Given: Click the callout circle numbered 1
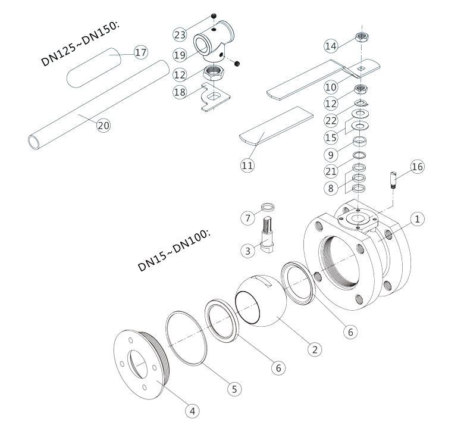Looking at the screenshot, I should click(418, 219).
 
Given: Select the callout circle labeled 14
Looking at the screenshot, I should click(331, 46).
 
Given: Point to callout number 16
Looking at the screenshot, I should click(417, 167).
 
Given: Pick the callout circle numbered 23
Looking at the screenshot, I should click(180, 33).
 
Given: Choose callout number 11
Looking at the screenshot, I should click(247, 165).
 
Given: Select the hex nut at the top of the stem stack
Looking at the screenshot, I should click(360, 37).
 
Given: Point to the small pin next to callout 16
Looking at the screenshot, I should click(393, 179).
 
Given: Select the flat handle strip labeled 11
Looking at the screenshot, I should click(277, 126).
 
